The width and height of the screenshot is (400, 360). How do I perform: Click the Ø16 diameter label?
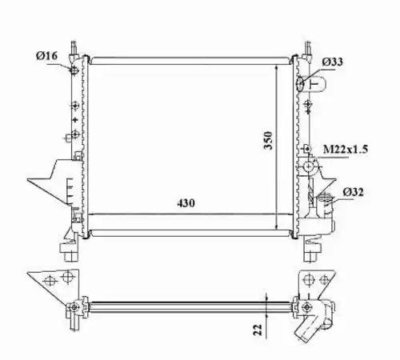pyautogui.click(x=46, y=56)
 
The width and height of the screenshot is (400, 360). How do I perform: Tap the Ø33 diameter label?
pyautogui.click(x=332, y=62)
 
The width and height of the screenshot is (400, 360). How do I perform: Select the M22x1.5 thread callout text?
pyautogui.click(x=346, y=149)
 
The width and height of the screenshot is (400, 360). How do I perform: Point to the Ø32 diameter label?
pyautogui.click(x=353, y=192)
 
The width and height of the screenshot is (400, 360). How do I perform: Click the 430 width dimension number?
pyautogui.click(x=186, y=203)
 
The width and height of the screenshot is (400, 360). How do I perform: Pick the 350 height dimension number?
pyautogui.click(x=268, y=140)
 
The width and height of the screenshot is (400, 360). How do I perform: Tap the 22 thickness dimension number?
pyautogui.click(x=258, y=330)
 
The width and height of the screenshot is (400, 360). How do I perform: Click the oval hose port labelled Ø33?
pyautogui.click(x=301, y=83)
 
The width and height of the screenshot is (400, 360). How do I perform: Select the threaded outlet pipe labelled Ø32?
pyautogui.click(x=325, y=204)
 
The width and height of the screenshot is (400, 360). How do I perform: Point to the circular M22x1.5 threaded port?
pyautogui.click(x=309, y=167)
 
